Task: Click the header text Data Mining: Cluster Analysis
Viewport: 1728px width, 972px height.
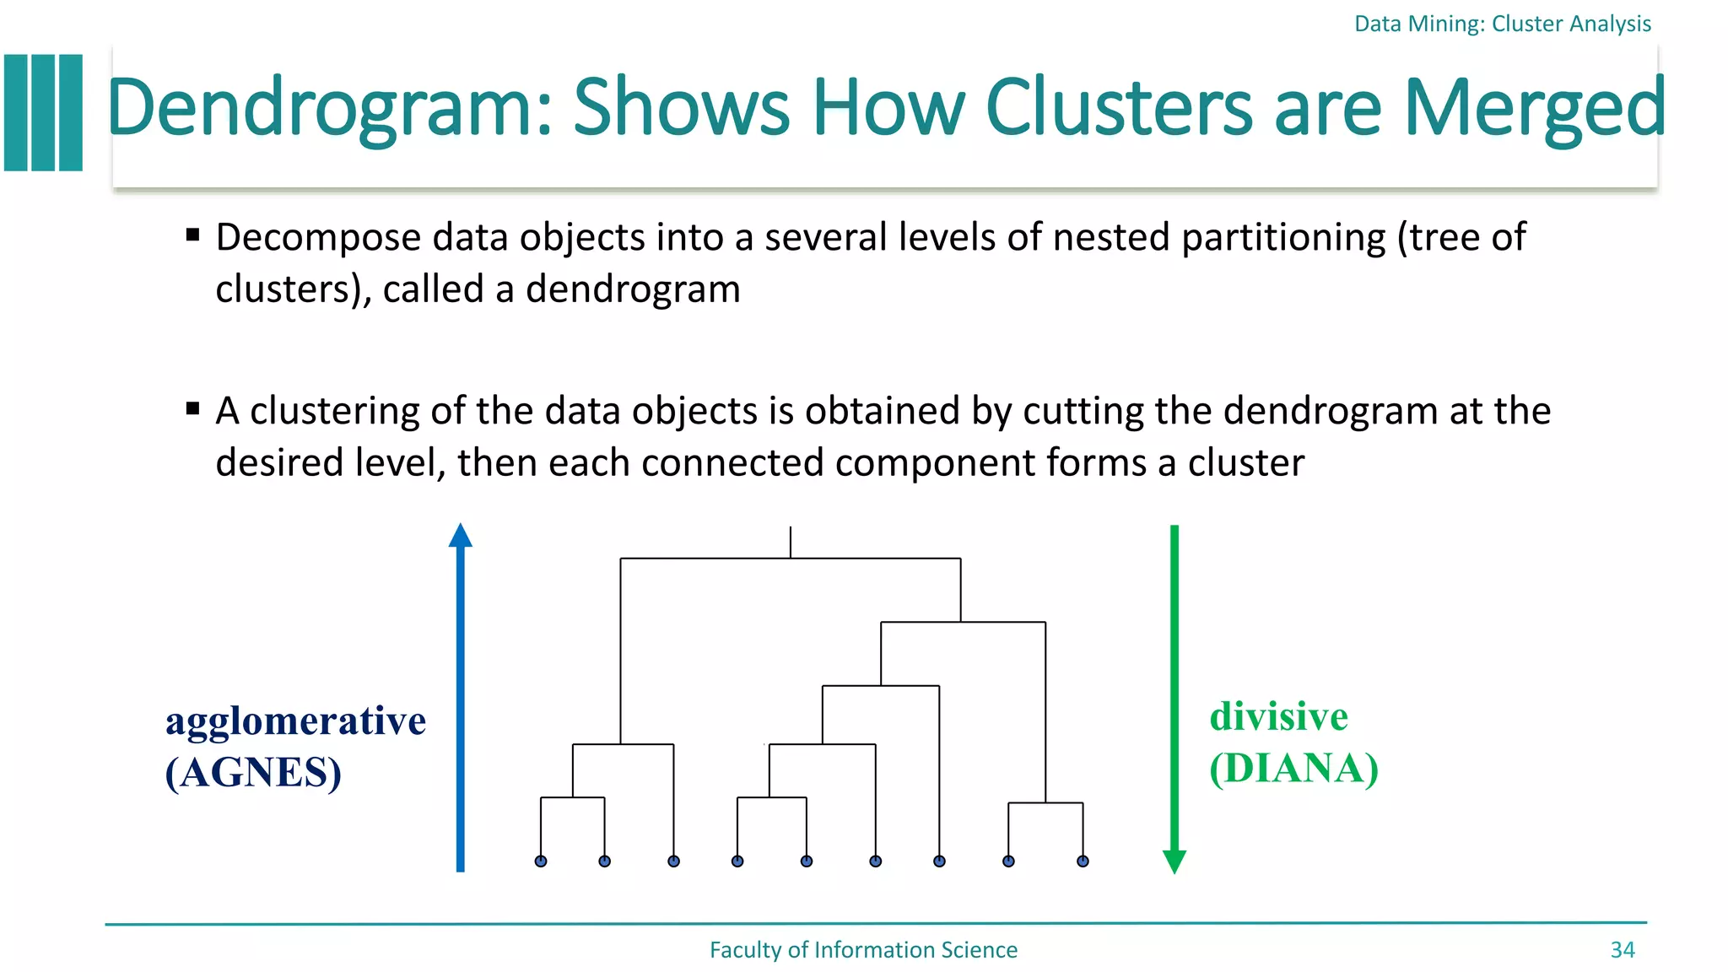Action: (x=1502, y=24)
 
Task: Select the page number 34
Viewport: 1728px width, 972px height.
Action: (x=1622, y=950)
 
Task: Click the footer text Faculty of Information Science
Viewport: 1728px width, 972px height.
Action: (x=863, y=950)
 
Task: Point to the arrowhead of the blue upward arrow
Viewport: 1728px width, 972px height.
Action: (x=460, y=536)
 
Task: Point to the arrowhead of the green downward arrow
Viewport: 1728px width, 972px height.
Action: (x=1174, y=861)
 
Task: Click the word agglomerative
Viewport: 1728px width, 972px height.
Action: (x=295, y=721)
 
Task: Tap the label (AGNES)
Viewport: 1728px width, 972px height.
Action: (x=253, y=772)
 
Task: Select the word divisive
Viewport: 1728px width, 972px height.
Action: (x=1278, y=717)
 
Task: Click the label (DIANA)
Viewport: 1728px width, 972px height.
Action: (x=1293, y=768)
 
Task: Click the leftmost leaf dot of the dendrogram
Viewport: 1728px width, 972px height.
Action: (x=541, y=861)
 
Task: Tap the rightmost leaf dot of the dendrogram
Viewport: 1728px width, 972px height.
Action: (x=1083, y=861)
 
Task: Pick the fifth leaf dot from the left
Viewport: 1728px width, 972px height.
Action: (x=807, y=861)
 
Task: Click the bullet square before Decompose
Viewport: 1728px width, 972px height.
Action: (x=192, y=235)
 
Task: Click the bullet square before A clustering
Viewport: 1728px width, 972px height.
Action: (x=192, y=409)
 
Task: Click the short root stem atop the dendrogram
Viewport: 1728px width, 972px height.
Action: (x=791, y=542)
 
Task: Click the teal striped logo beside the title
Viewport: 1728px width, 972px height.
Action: (x=44, y=113)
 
